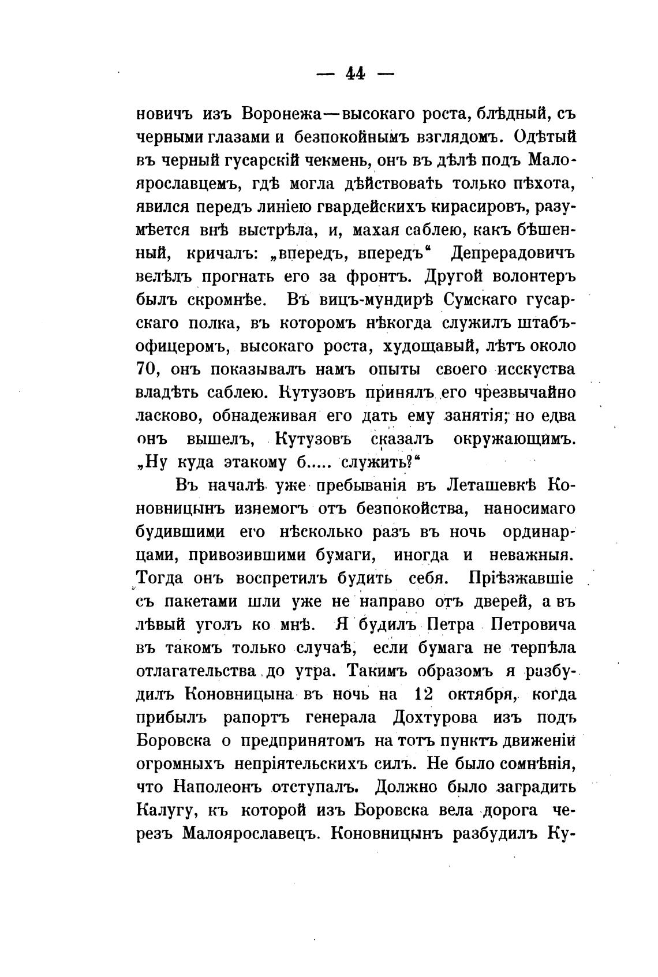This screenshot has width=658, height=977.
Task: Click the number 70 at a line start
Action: coord(148,369)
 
